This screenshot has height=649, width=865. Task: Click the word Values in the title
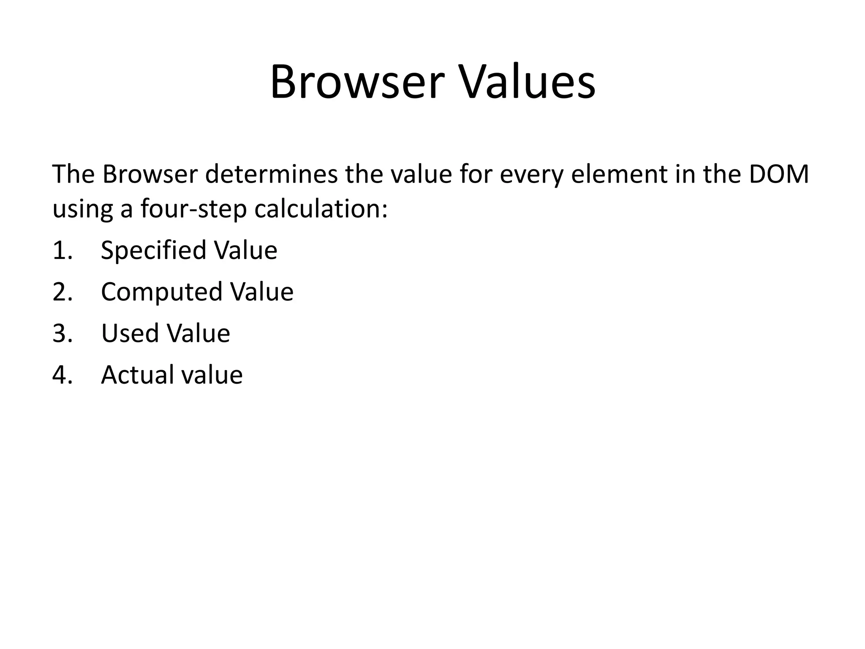point(528,82)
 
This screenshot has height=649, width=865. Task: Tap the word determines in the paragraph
point(271,174)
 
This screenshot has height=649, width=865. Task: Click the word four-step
point(193,209)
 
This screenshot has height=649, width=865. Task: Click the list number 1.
point(62,250)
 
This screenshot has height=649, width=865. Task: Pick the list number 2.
point(62,292)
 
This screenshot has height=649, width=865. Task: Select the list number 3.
point(62,333)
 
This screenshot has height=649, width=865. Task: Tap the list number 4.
point(62,375)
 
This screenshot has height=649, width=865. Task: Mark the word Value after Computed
point(261,292)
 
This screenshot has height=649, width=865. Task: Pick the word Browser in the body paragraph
point(150,174)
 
